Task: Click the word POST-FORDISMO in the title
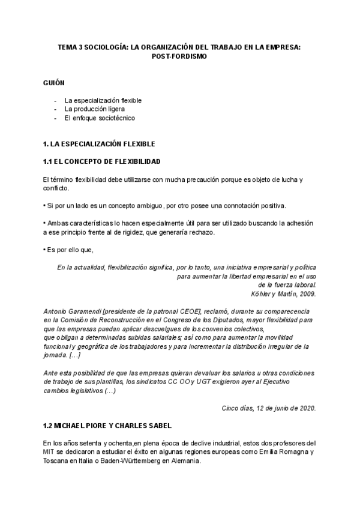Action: (x=180, y=56)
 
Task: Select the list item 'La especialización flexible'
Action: (x=103, y=100)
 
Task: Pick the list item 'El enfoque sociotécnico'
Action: (x=100, y=118)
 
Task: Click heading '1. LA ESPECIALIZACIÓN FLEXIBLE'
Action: (x=100, y=144)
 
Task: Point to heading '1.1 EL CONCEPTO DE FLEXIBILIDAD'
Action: (x=101, y=162)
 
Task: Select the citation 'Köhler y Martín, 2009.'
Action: (x=283, y=294)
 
